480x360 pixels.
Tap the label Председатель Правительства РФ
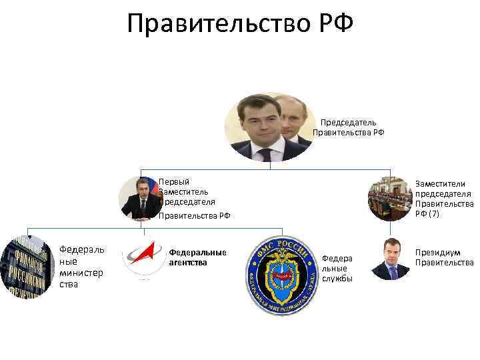tap(349, 127)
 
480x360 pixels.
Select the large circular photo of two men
tap(268, 127)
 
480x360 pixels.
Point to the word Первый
tap(174, 181)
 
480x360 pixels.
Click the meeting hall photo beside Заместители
tap(390, 198)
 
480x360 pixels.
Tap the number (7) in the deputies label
tap(433, 214)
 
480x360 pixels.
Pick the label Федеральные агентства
tap(198, 257)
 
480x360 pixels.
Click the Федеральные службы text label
tap(337, 267)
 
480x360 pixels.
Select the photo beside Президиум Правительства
tap(391, 259)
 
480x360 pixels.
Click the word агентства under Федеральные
tap(189, 262)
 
